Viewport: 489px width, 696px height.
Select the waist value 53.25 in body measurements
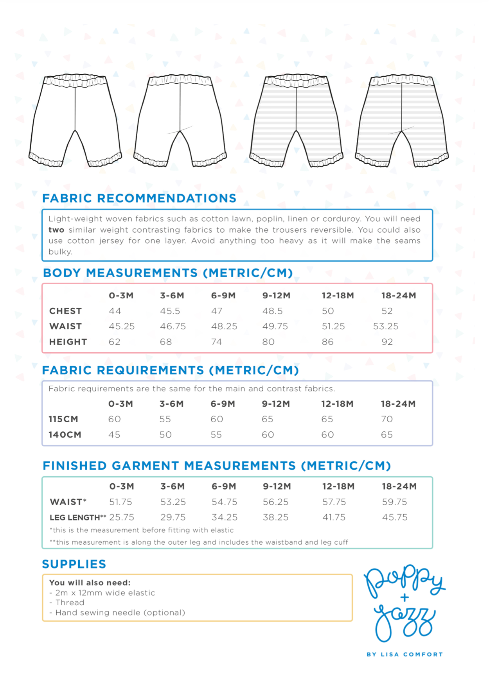(x=385, y=326)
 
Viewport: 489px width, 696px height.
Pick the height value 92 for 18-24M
(x=387, y=342)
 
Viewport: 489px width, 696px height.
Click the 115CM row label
(x=63, y=419)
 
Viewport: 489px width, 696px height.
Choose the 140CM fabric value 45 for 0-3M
(x=114, y=435)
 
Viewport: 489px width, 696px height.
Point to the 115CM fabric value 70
(x=387, y=419)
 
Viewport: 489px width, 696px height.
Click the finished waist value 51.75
(x=120, y=502)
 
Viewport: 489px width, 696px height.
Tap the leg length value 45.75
(x=394, y=517)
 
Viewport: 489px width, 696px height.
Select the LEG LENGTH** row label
(x=78, y=517)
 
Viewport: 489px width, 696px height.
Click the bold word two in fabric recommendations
(x=56, y=230)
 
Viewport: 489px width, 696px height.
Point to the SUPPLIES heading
(x=74, y=564)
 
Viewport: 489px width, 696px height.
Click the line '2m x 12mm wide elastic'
(x=105, y=593)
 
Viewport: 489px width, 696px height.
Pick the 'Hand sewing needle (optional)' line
(x=120, y=613)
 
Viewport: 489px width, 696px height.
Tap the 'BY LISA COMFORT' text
(x=405, y=654)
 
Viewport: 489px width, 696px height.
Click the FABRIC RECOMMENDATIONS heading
(x=139, y=198)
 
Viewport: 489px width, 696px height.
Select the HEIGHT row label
(x=68, y=342)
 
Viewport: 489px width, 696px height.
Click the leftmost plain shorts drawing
(x=75, y=120)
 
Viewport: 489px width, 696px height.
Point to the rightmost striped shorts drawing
(x=402, y=120)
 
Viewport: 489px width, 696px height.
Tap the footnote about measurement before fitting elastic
(x=142, y=530)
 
